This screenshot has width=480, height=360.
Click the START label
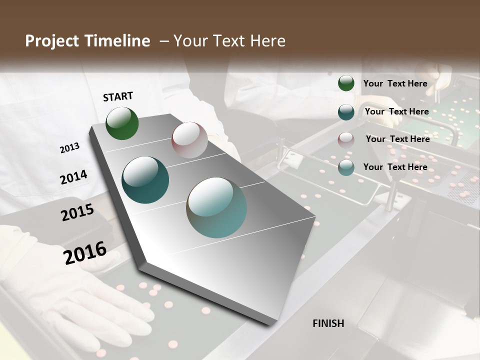pyautogui.click(x=118, y=96)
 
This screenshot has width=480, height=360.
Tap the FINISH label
pyautogui.click(x=328, y=323)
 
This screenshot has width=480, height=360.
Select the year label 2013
pyautogui.click(x=69, y=148)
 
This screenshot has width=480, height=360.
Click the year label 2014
pyautogui.click(x=73, y=177)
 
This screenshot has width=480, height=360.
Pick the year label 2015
pyautogui.click(x=77, y=212)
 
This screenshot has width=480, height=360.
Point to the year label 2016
pyautogui.click(x=85, y=252)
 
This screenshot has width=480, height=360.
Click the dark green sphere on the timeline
pyautogui.click(x=122, y=123)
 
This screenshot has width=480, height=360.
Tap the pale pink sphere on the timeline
pyautogui.click(x=189, y=140)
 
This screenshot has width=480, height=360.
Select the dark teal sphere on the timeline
pyautogui.click(x=145, y=180)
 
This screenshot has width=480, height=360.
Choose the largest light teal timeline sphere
pyautogui.click(x=216, y=207)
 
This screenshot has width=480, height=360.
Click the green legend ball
pyautogui.click(x=346, y=83)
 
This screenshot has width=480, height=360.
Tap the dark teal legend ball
pyautogui.click(x=346, y=112)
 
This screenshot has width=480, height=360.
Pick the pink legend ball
pyautogui.click(x=346, y=139)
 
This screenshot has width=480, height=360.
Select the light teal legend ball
pyautogui.click(x=346, y=167)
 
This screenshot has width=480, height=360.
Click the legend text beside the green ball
pyautogui.click(x=395, y=83)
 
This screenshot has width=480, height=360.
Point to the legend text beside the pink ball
pyautogui.click(x=397, y=139)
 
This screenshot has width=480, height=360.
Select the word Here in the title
pyautogui.click(x=265, y=41)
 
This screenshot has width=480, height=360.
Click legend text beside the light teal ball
pyautogui.click(x=395, y=167)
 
